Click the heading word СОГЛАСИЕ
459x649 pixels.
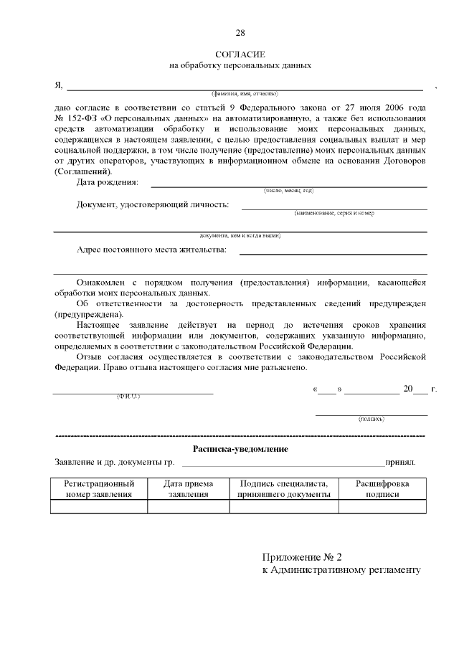click(240, 55)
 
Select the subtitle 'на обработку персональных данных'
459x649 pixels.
click(240, 65)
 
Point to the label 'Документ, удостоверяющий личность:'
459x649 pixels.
click(153, 205)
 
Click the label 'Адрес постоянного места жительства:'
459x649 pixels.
click(151, 250)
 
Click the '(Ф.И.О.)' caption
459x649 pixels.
click(128, 397)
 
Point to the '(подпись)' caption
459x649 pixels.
click(371, 419)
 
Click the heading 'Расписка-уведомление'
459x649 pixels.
click(240, 449)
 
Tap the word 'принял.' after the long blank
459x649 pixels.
click(400, 463)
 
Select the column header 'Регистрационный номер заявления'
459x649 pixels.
click(99, 489)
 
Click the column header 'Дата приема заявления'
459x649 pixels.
click(189, 489)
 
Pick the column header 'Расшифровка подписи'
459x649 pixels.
click(382, 489)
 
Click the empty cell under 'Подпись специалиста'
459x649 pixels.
click(284, 507)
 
